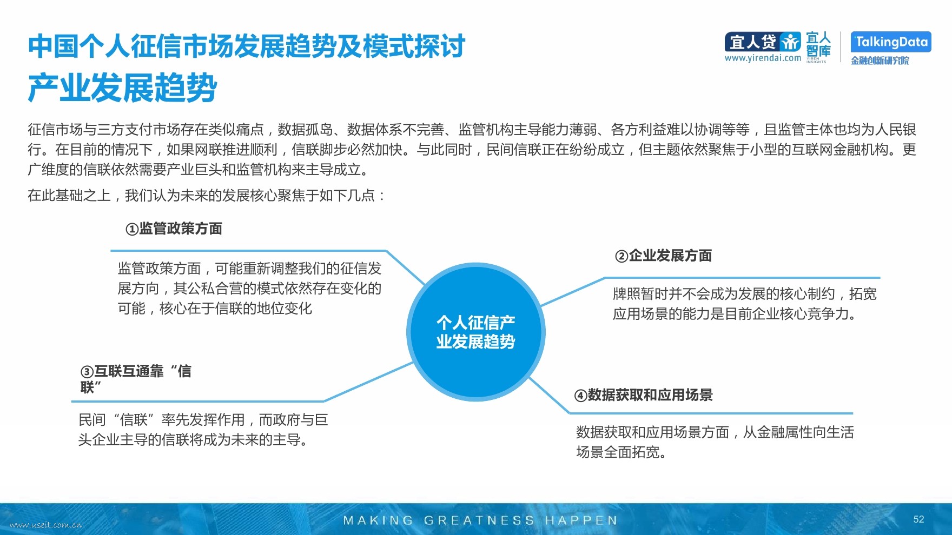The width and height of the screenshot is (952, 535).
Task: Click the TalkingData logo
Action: (890, 42)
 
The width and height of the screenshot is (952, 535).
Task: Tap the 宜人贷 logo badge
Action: (763, 42)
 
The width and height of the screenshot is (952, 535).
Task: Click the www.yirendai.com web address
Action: (763, 58)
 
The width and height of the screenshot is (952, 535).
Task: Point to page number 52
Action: (918, 519)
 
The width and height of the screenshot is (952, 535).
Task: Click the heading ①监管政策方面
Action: (174, 229)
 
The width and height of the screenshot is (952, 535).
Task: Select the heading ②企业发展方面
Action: (663, 256)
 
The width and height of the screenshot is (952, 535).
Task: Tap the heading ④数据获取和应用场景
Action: (643, 395)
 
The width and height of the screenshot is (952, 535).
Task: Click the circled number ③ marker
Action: (87, 372)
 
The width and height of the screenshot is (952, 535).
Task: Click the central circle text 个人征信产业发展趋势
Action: (476, 332)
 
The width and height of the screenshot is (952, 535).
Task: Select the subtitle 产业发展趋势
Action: (122, 88)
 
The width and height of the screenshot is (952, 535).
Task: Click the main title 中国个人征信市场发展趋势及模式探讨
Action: (247, 46)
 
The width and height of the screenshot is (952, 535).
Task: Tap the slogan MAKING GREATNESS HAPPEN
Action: (480, 520)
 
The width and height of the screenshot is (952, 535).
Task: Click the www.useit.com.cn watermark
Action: (46, 525)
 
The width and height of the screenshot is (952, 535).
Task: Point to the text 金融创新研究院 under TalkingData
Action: (880, 61)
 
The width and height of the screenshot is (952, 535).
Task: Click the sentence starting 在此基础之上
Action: (207, 195)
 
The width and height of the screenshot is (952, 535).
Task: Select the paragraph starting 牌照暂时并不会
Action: (745, 304)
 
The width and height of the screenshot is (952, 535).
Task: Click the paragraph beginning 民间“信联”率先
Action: (203, 430)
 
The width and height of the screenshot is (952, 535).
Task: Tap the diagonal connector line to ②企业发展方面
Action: (573, 292)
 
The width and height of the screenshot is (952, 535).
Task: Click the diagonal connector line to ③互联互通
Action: (368, 382)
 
